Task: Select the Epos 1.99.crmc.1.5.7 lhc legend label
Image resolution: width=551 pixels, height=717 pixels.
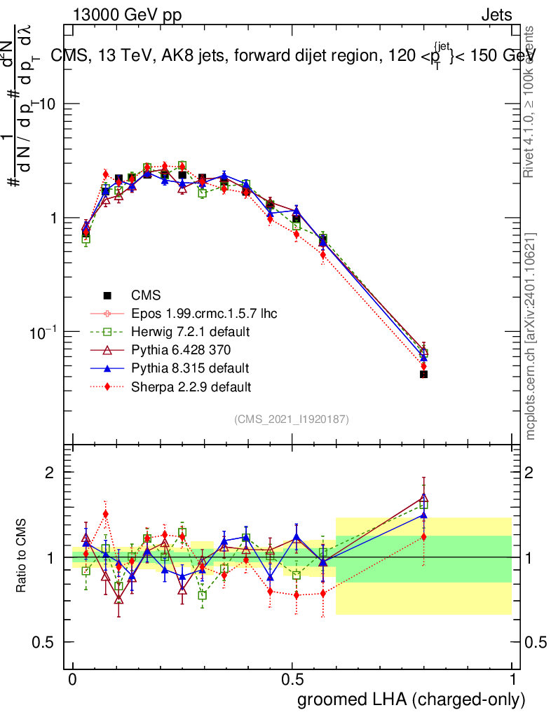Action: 204,314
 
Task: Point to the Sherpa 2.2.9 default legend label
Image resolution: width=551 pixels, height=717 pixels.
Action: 191,387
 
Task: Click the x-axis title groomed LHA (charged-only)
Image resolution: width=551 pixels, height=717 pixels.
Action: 411,699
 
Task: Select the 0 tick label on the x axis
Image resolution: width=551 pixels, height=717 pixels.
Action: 73,680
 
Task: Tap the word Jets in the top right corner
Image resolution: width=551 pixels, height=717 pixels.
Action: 496,15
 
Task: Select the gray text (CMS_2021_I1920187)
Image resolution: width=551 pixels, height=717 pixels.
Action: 292,419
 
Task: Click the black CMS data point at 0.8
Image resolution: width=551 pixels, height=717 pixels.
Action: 423,375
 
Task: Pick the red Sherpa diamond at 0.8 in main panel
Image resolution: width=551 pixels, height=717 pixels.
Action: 423,366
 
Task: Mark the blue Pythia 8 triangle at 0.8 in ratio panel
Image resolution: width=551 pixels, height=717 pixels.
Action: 423,515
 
